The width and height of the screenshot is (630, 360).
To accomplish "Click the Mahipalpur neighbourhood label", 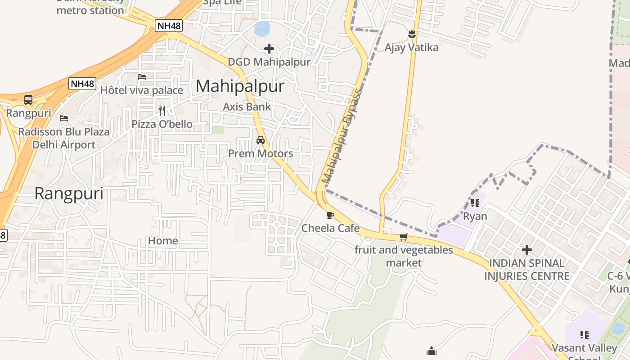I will point(240,86).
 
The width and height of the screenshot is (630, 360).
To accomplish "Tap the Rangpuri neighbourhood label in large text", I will point(69,193).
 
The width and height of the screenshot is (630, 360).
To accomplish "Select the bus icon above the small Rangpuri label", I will point(28,99).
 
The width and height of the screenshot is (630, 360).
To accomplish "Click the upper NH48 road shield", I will point(169,26).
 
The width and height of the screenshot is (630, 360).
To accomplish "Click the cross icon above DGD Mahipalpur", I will point(269,49).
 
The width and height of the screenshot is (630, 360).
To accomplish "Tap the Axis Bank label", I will point(247,107).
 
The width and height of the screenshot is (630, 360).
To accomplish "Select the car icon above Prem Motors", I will point(261,140).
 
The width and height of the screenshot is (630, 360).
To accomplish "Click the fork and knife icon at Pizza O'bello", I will point(162,110).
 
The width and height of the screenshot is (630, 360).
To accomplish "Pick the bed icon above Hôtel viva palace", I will point(142,76).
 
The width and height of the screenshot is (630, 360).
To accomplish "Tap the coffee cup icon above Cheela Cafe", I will point(330,215).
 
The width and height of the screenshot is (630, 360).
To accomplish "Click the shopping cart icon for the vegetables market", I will point(403,237).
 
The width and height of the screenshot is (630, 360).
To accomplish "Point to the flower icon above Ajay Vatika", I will point(411,34).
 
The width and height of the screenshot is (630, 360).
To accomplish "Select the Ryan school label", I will point(475,216).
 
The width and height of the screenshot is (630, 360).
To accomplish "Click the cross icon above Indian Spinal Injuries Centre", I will point(527,249).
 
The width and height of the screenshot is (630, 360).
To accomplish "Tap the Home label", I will point(163,241).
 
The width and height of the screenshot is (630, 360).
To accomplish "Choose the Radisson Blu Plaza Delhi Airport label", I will point(64,138).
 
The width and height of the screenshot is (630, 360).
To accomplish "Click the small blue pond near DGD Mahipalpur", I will point(262,29).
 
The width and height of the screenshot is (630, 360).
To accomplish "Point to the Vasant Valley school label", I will point(584,348).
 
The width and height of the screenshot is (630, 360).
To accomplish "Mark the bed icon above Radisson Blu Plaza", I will point(64,118).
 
